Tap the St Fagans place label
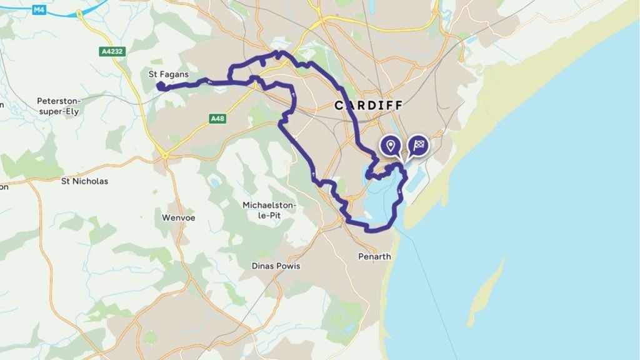(168, 74)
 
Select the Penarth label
(374, 256)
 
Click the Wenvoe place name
(179, 218)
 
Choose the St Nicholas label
(84, 181)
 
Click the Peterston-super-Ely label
(59, 106)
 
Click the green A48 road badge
(217, 118)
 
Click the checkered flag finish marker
(419, 146)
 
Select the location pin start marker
(391, 146)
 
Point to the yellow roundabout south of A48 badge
(165, 153)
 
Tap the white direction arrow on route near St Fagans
(209, 81)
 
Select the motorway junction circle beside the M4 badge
(79, 13)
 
